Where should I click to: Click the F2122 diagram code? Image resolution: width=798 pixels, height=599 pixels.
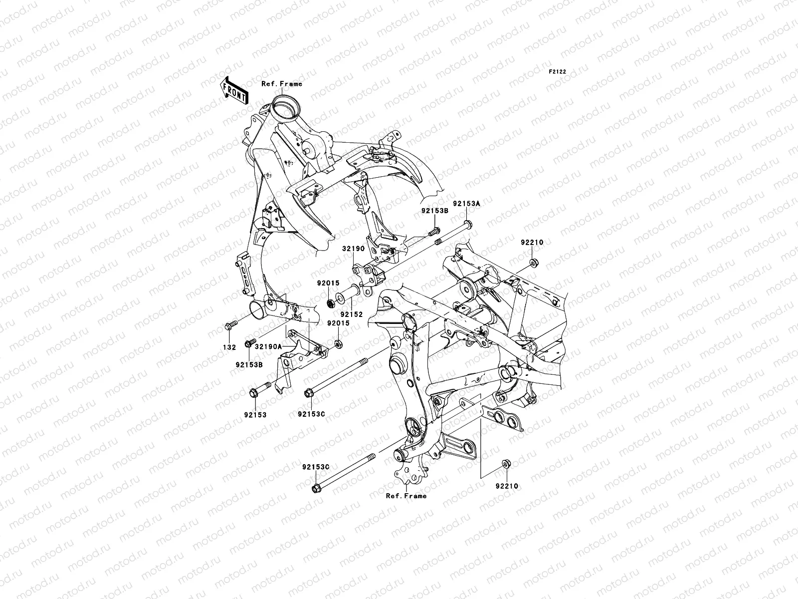558,72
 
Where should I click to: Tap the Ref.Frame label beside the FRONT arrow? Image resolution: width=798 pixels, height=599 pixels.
296,84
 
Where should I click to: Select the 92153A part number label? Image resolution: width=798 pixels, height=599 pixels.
466,204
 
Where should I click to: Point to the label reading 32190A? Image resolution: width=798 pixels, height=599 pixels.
269,346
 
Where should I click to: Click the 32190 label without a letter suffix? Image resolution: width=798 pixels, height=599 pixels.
353,249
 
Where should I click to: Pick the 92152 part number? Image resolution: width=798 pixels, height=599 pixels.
352,314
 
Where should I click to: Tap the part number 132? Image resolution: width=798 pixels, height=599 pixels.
229,347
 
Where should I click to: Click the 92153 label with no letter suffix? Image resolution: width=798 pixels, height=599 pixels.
255,414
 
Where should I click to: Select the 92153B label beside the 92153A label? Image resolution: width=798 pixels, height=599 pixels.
434,211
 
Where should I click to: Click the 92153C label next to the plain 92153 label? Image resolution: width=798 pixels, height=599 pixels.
311,414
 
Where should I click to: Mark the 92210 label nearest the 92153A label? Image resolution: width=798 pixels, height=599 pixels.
532,242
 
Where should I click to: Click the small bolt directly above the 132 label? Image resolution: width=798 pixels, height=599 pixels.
230,326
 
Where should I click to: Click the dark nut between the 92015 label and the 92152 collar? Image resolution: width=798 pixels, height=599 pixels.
330,302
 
